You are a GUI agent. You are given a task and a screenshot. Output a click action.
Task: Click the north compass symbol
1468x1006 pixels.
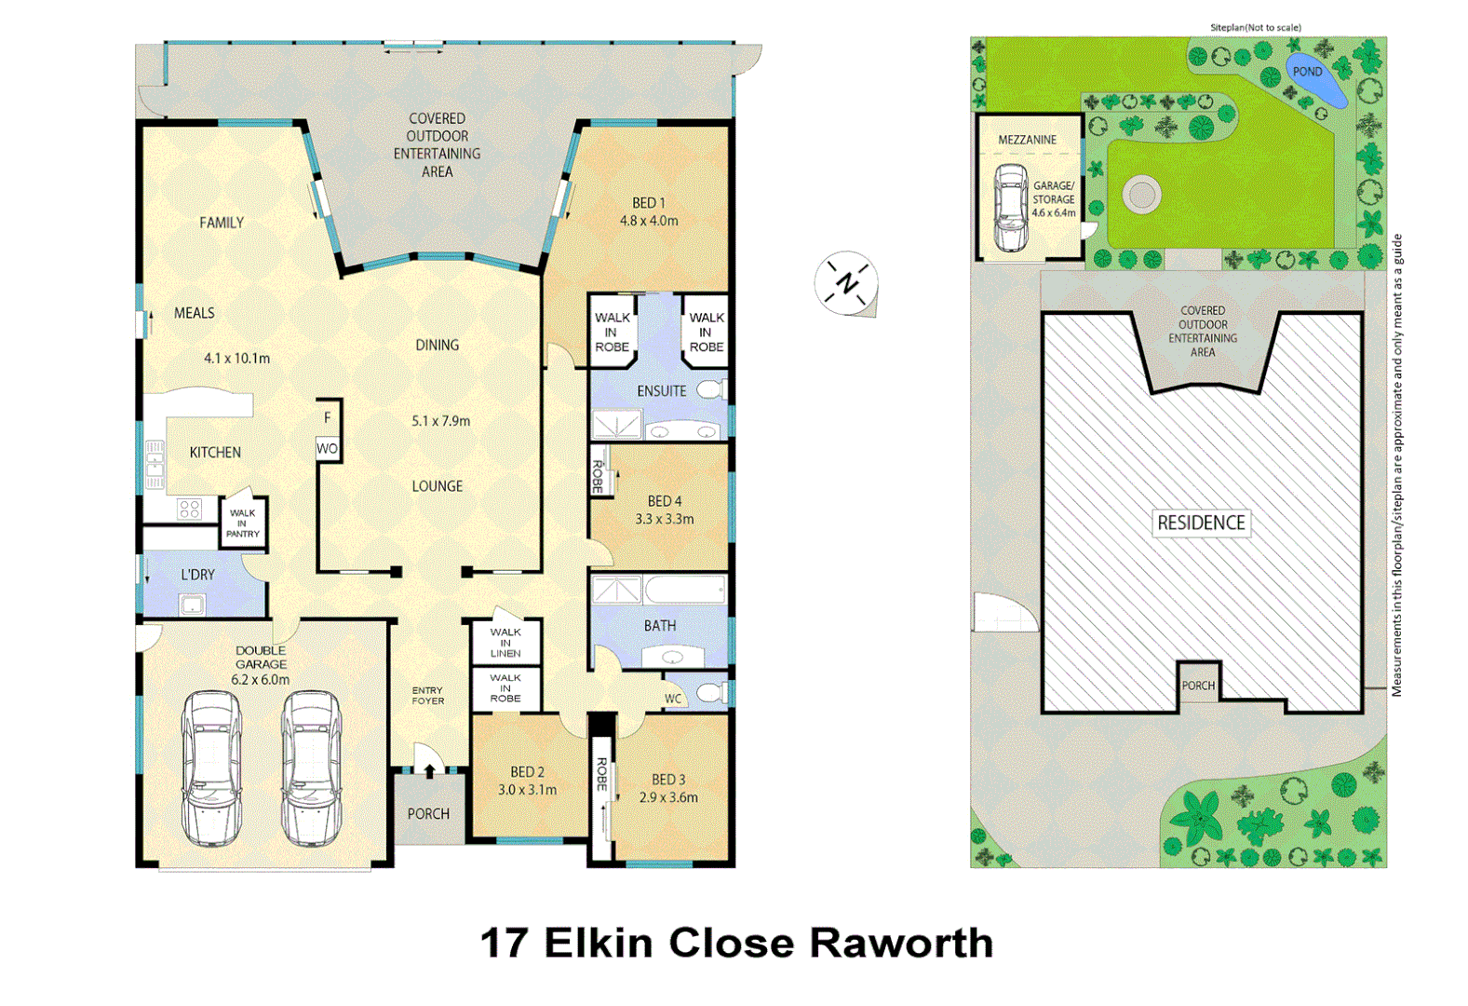click(846, 282)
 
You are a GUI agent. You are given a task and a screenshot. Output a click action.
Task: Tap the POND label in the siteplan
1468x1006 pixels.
click(1307, 72)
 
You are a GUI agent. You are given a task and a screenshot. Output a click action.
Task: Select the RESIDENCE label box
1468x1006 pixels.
click(1201, 523)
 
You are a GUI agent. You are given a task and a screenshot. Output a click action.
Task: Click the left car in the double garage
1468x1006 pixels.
click(211, 768)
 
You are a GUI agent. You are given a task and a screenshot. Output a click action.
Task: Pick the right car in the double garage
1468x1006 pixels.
click(312, 768)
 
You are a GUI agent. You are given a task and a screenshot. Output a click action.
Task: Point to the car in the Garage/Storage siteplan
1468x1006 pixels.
click(1010, 208)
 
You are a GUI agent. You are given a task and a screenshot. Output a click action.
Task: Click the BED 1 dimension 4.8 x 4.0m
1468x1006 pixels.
click(649, 221)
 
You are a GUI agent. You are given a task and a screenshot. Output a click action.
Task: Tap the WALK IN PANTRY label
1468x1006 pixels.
click(243, 523)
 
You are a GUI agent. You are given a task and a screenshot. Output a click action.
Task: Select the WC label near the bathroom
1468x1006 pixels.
click(673, 699)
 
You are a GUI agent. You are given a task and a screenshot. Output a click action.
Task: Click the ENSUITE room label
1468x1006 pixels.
click(662, 391)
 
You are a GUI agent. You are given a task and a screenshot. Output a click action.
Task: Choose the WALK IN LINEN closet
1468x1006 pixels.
click(505, 643)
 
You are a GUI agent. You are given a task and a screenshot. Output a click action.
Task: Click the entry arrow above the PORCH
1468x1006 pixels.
click(429, 770)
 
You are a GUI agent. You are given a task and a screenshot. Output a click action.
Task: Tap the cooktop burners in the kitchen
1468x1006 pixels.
click(190, 509)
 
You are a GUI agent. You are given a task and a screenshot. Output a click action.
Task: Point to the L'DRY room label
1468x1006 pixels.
click(197, 575)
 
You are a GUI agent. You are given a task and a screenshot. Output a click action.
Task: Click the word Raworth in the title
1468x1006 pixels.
click(900, 943)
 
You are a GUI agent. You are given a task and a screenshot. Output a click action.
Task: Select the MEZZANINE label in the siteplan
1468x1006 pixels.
click(1027, 140)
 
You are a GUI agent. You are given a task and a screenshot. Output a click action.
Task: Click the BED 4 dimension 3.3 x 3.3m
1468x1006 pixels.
click(664, 519)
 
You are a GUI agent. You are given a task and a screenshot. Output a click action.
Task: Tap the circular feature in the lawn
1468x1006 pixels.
click(1141, 195)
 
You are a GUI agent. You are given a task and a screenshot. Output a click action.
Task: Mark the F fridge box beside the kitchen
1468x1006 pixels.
click(328, 418)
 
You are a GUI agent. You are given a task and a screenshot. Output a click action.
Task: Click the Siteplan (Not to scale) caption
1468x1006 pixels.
click(1255, 28)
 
